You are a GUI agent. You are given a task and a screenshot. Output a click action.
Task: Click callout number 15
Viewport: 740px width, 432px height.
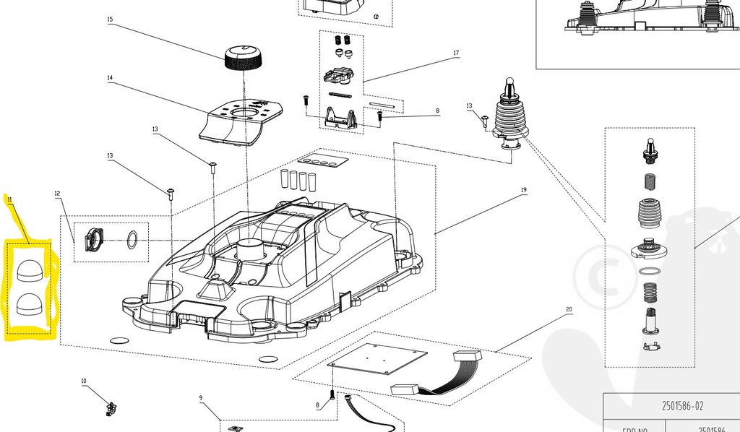(110, 20)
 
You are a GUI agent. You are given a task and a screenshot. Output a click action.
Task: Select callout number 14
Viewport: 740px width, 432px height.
(110, 78)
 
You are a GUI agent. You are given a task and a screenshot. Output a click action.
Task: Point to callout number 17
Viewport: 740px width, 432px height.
(456, 53)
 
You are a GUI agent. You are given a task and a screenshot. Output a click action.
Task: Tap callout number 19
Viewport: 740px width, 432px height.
(523, 191)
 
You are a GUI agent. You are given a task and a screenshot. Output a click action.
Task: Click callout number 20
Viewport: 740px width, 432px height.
(569, 309)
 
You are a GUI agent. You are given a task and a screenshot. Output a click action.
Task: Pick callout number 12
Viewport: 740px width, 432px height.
(57, 194)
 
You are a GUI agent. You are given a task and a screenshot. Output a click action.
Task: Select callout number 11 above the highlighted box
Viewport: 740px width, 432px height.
(9, 199)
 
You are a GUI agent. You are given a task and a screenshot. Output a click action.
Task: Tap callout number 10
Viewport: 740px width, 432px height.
(83, 381)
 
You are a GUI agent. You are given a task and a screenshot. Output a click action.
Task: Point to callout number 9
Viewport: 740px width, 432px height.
(201, 398)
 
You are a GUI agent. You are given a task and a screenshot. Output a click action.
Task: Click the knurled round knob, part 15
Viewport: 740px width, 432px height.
(243, 56)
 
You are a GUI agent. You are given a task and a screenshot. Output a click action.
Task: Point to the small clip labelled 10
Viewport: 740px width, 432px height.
(111, 409)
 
